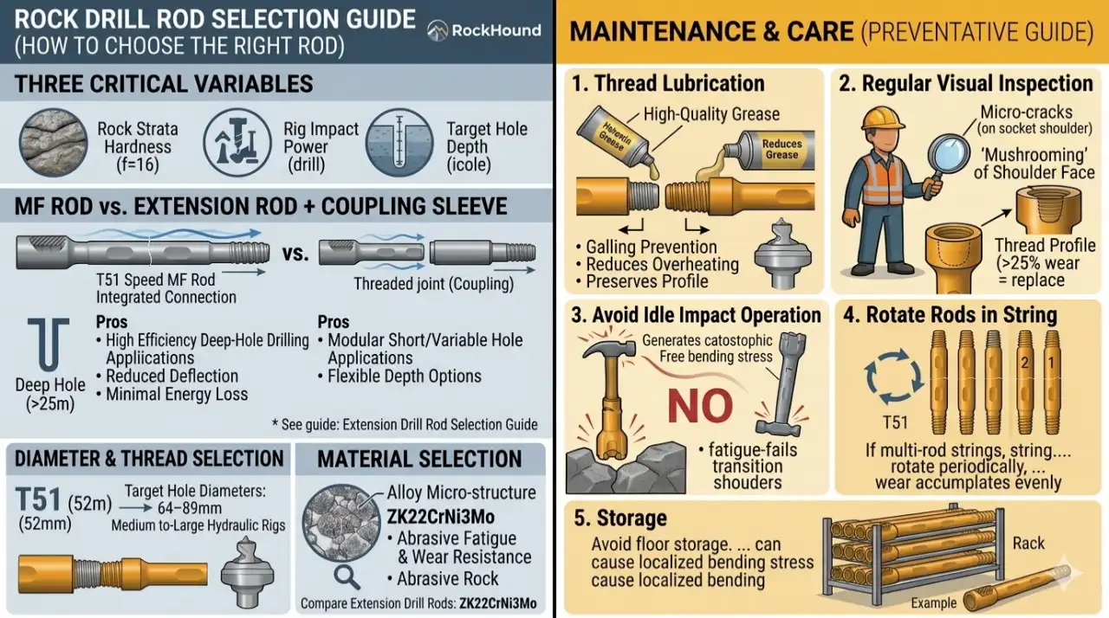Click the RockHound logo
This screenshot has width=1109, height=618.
point(484,30)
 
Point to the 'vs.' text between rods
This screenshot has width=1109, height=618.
point(295,254)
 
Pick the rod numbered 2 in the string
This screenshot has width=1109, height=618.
point(1024,364)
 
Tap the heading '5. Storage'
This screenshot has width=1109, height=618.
point(620,518)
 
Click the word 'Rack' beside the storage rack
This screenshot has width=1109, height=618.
point(1029,544)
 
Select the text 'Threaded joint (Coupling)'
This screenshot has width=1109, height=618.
point(433,284)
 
